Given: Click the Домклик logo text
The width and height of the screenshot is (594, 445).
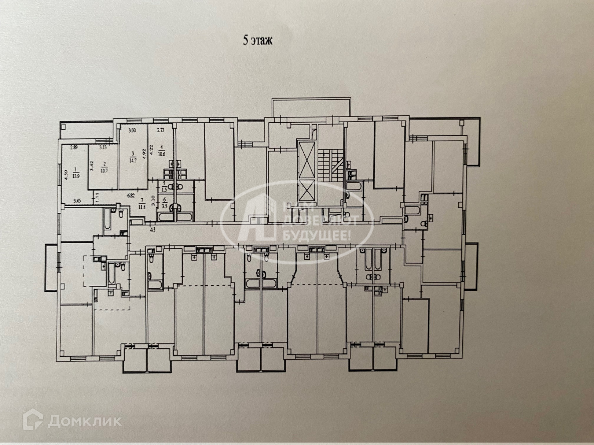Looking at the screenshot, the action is coord(84,421).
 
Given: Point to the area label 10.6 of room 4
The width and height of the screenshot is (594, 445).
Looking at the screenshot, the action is coord(161,151).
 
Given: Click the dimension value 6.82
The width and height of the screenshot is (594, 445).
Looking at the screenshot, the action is coord(131,196).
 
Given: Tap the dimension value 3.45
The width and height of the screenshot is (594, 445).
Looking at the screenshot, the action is coord(77,201).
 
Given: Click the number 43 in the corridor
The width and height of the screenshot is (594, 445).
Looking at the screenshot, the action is coord(152,230).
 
